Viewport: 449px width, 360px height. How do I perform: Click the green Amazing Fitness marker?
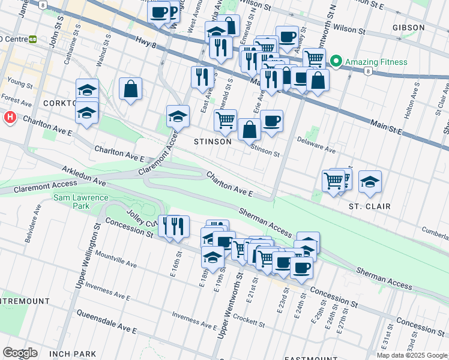click(x=336, y=62)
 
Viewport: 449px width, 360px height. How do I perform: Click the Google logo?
click(x=20, y=353)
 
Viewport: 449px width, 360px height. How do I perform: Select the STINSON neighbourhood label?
click(x=212, y=142)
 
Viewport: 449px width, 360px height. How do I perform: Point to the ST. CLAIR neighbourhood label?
click(x=370, y=206)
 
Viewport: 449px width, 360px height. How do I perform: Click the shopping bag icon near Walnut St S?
click(x=130, y=89)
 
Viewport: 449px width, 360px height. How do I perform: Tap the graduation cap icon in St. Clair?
click(x=370, y=181)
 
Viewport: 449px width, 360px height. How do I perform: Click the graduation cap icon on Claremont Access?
click(x=178, y=116)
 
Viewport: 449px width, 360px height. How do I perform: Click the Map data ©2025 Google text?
click(x=411, y=355)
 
